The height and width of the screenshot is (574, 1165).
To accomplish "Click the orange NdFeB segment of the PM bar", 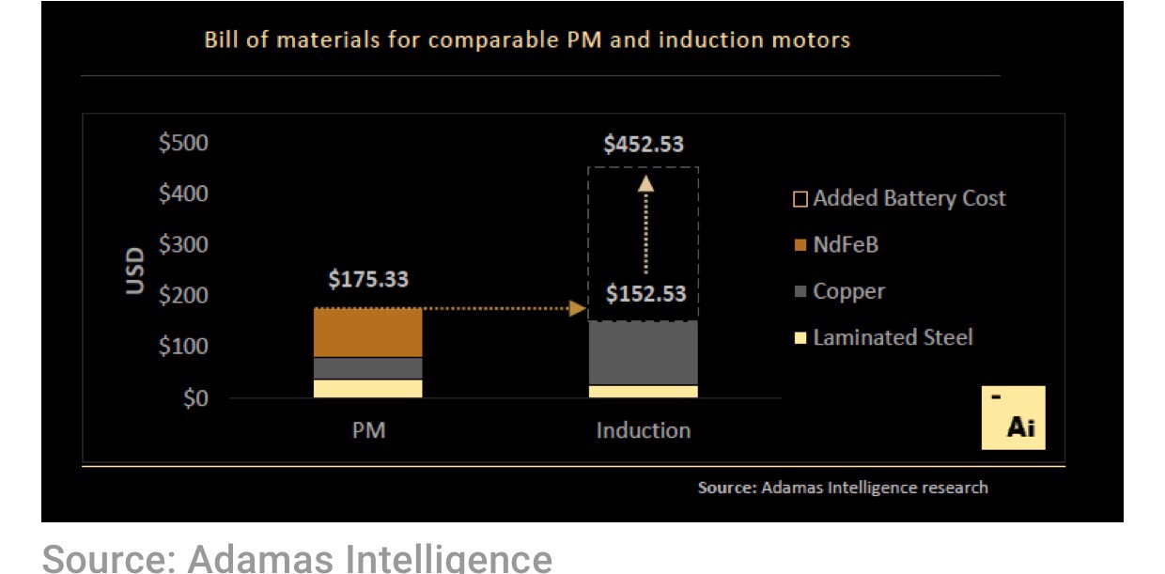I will [x=367, y=333].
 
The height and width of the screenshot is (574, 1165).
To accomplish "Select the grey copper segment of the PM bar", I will [x=367, y=368].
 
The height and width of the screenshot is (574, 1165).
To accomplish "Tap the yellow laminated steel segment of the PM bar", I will [x=367, y=388].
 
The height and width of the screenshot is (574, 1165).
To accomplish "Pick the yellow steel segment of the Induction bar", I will [x=643, y=391].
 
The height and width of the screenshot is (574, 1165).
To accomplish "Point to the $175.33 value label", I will [x=368, y=280].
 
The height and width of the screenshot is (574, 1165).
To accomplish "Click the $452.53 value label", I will [x=644, y=145].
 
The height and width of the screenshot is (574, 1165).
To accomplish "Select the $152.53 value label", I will [x=645, y=294].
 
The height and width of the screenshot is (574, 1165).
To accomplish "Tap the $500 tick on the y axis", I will [x=183, y=144].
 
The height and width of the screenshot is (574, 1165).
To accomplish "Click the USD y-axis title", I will [x=136, y=271].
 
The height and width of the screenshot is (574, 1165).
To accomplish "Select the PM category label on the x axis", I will [x=367, y=430].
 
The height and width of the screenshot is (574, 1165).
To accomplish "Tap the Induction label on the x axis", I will [x=644, y=430].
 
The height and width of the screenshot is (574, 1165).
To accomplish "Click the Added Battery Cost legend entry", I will [x=899, y=198].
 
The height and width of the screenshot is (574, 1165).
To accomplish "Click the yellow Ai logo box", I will [x=1013, y=418].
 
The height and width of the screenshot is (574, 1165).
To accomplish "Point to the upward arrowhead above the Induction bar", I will [x=645, y=183].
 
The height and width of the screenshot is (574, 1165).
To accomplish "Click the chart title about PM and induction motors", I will [x=527, y=40].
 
